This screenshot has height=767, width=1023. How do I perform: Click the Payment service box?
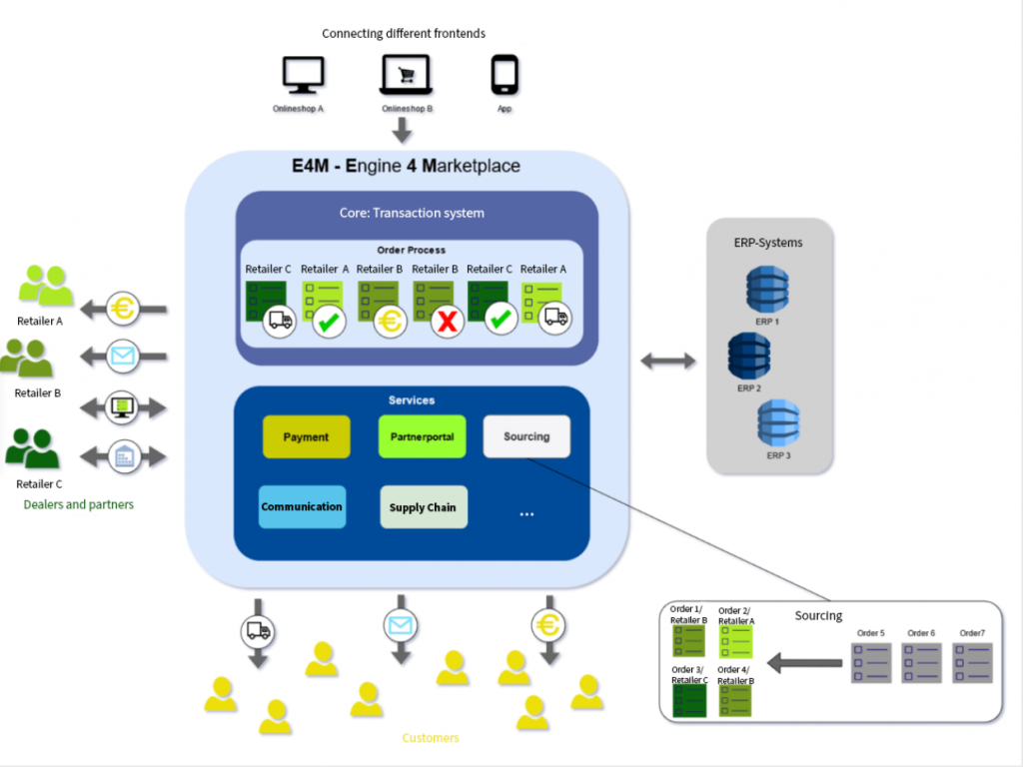[306, 436]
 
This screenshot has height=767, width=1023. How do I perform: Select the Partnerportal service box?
[422, 436]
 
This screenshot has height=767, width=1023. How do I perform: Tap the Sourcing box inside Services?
[526, 436]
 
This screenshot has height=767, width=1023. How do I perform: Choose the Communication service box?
[302, 506]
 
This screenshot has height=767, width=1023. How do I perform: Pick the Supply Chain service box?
[423, 507]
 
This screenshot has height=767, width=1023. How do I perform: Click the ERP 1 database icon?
[767, 289]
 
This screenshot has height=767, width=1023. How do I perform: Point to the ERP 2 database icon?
[749, 356]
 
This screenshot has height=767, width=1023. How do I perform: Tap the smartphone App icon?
[505, 75]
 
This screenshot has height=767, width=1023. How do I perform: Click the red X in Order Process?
[447, 323]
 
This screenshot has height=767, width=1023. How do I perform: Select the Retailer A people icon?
[46, 287]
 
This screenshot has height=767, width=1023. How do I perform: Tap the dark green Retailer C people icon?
[32, 450]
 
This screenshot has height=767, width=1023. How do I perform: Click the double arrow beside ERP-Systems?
[667, 361]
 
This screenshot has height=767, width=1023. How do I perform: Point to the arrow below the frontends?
[402, 130]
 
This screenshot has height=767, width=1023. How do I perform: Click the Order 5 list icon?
[870, 662]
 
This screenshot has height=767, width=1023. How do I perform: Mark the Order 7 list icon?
[972, 662]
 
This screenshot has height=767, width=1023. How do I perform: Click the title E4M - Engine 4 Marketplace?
[407, 166]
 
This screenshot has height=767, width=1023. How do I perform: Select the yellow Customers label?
[431, 738]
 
